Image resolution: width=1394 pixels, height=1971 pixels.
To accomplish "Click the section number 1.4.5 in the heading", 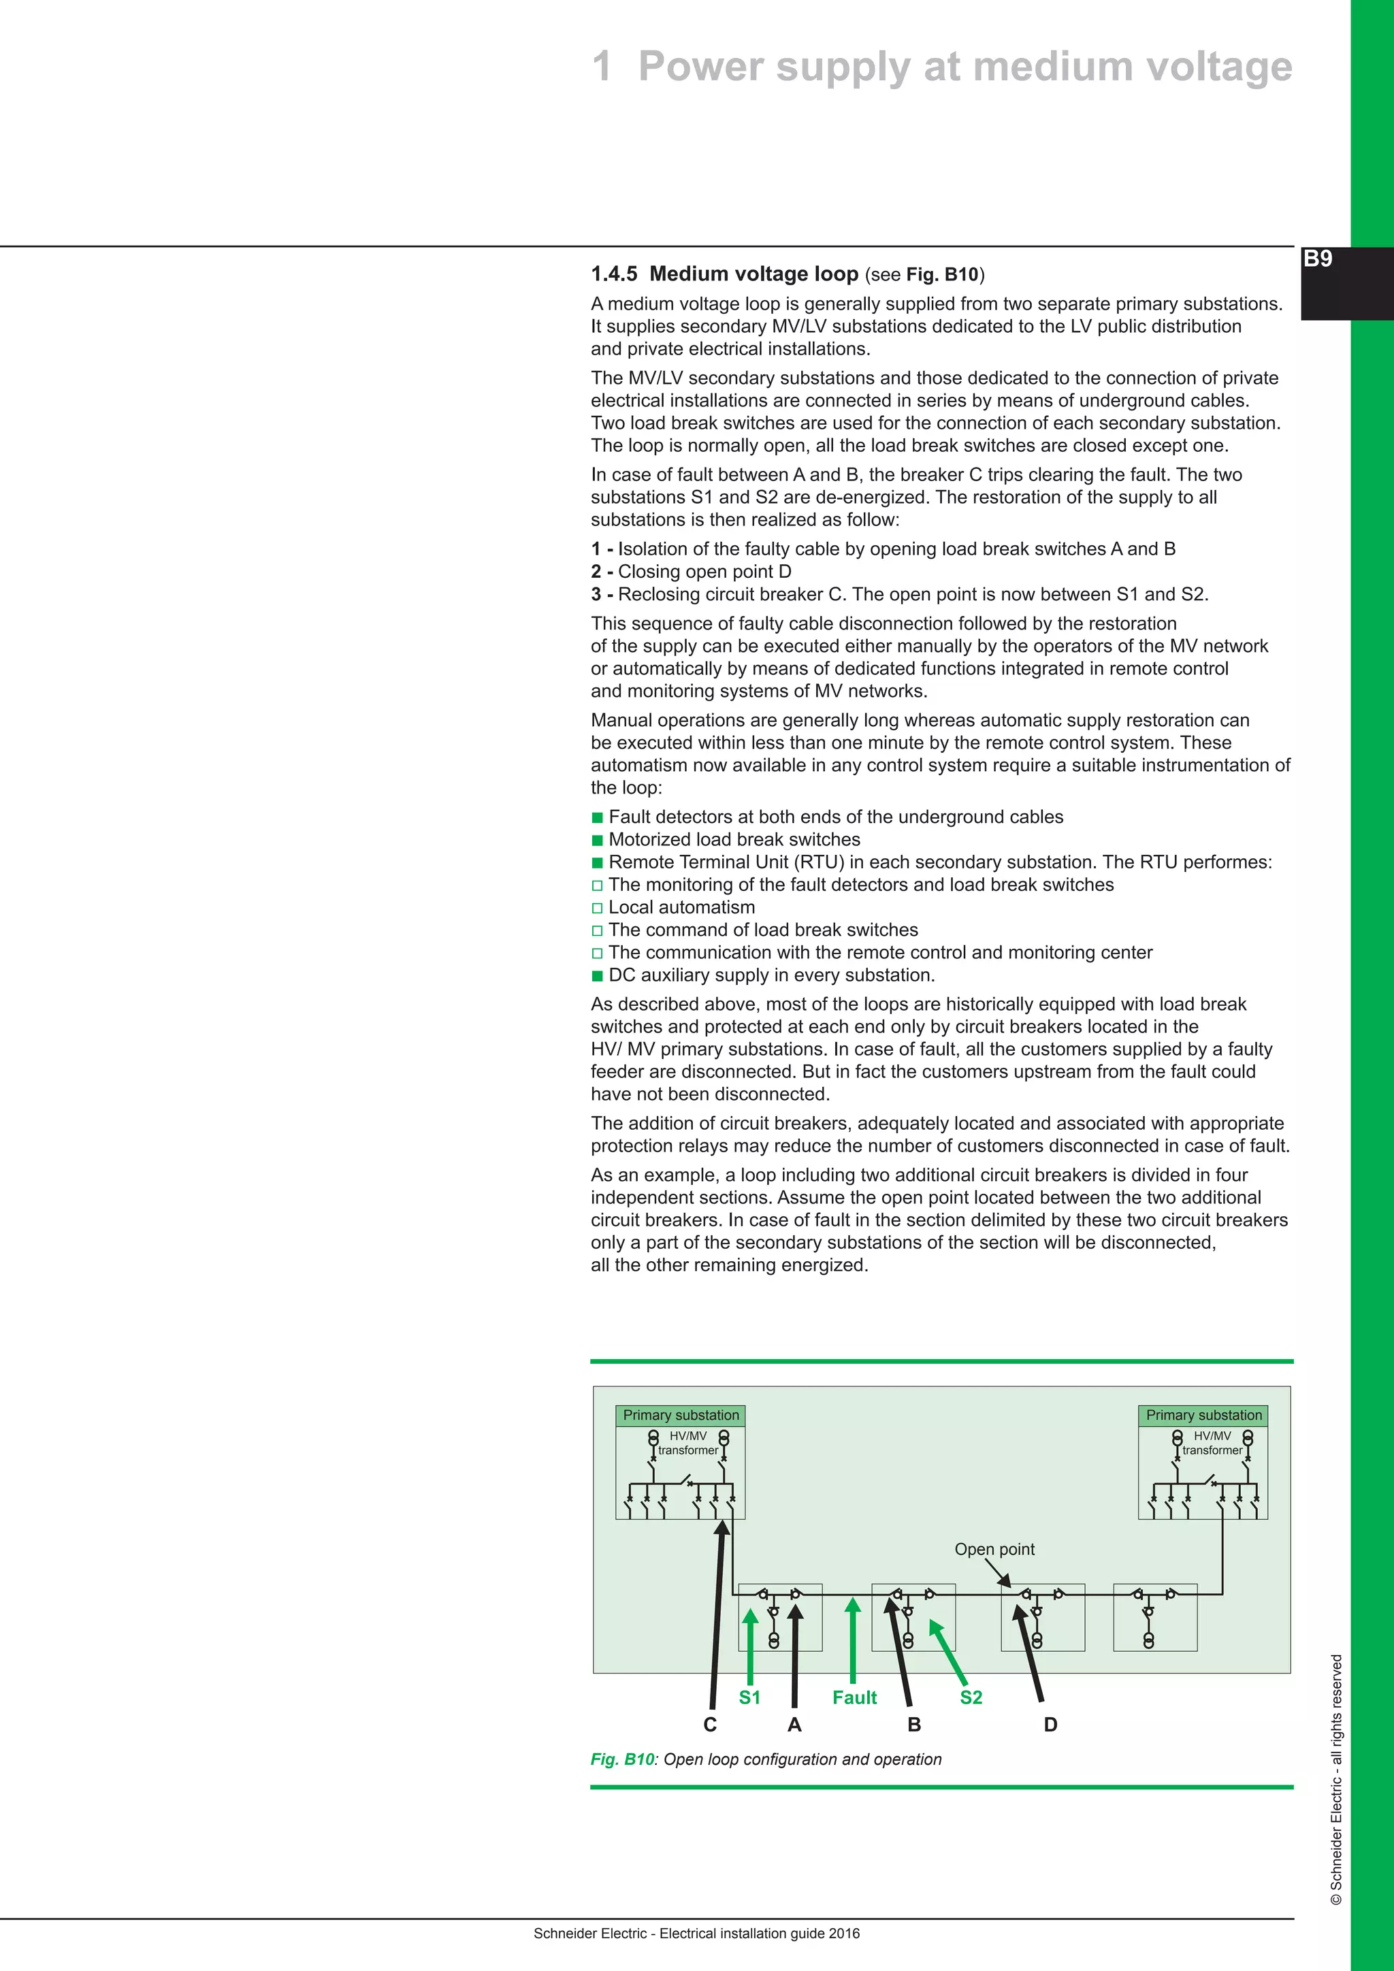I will pyautogui.click(x=614, y=274).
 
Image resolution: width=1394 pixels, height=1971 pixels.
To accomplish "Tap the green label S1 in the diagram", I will pyautogui.click(x=749, y=1697).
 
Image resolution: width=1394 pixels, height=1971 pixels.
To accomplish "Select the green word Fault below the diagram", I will pyautogui.click(x=854, y=1697).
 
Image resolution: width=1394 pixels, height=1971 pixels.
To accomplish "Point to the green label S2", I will pyautogui.click(x=971, y=1697).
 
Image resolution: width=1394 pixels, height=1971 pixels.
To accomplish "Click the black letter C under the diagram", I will pyautogui.click(x=710, y=1725).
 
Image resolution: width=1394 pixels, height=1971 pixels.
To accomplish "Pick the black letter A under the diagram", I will pyautogui.click(x=794, y=1725).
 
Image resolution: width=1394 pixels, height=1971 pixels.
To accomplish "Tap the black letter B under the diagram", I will pyautogui.click(x=914, y=1725).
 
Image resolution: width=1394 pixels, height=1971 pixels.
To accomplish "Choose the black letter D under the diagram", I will pyautogui.click(x=1051, y=1725).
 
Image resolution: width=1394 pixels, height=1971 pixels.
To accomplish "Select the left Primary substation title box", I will pyautogui.click(x=681, y=1415).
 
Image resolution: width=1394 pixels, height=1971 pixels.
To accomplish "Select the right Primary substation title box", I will pyautogui.click(x=1203, y=1415).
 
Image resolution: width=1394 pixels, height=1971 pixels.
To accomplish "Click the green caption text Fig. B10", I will pyautogui.click(x=622, y=1759).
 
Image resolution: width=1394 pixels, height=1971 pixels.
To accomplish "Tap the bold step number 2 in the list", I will pyautogui.click(x=596, y=572).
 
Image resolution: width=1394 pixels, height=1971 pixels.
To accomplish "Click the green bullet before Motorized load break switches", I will pyautogui.click(x=598, y=841).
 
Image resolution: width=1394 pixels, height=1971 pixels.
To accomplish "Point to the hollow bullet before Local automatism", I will pyautogui.click(x=598, y=908).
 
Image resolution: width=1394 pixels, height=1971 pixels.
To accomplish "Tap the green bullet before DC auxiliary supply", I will pyautogui.click(x=598, y=975).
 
